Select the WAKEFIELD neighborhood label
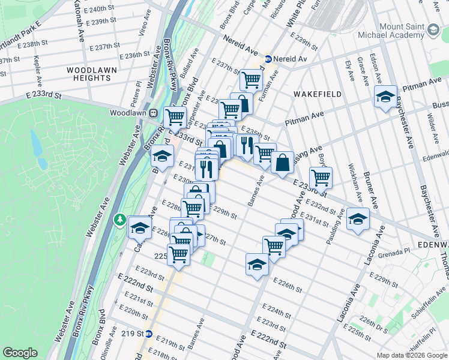318,94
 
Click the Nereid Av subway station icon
267,59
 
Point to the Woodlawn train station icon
154,112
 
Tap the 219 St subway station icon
149,334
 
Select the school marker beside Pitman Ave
385,97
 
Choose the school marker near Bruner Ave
358,219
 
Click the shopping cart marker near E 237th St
251,79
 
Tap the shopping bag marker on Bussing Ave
282,163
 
